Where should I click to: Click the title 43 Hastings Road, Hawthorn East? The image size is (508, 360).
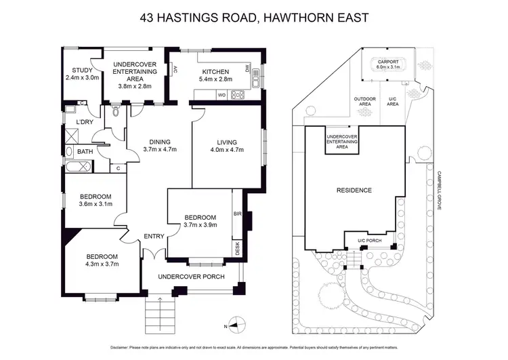(x=254, y=17)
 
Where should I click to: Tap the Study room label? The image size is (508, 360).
(x=82, y=73)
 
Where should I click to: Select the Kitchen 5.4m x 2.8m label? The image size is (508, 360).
(x=215, y=75)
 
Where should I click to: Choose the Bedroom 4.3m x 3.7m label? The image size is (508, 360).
(x=102, y=260)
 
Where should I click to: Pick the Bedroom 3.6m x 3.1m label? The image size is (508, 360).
(x=95, y=200)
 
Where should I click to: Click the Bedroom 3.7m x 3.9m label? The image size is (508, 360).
(x=200, y=221)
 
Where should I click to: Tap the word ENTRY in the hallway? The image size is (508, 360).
(x=154, y=237)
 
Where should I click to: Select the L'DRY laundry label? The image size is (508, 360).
(x=85, y=121)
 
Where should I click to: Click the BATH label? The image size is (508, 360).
(x=85, y=152)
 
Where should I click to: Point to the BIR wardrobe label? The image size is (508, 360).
(x=237, y=214)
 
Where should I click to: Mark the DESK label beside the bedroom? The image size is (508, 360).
(x=238, y=249)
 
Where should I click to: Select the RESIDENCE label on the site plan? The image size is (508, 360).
(x=354, y=190)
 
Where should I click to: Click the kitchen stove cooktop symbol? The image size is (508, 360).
(x=237, y=95)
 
